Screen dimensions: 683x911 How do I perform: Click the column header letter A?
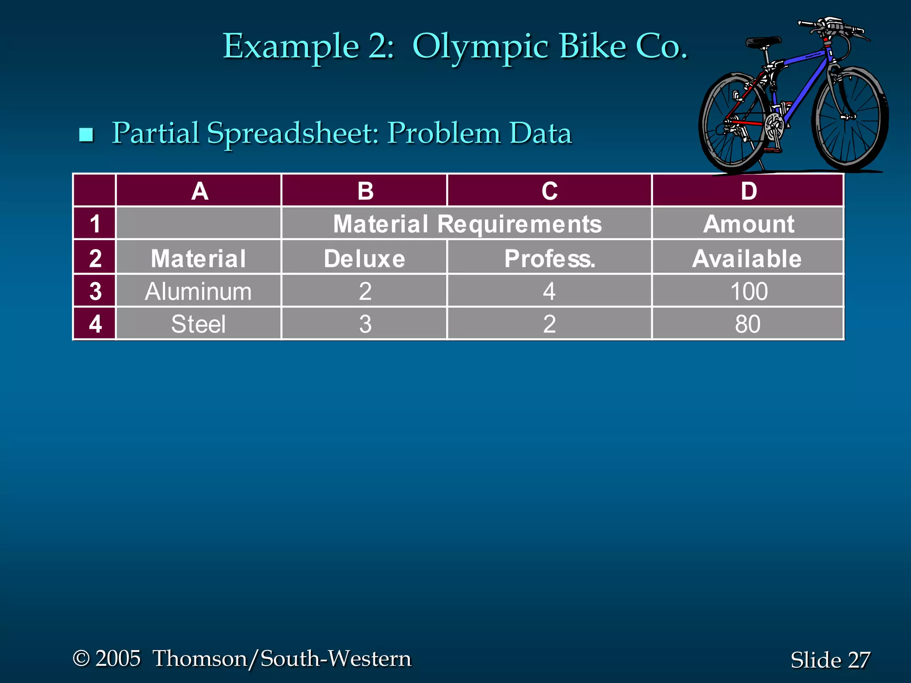(199, 191)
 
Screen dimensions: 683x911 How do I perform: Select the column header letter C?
(549, 191)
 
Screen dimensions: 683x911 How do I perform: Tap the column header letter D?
(749, 191)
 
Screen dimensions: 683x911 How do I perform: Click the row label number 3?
(95, 291)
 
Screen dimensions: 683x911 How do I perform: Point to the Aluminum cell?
(198, 292)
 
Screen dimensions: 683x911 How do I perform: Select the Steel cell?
(198, 324)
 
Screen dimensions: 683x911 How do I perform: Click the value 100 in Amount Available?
(749, 292)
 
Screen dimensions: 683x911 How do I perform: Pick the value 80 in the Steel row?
(748, 324)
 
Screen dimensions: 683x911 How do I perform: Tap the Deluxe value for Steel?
(365, 324)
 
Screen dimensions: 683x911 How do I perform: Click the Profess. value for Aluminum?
(549, 292)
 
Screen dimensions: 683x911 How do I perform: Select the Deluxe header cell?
(364, 258)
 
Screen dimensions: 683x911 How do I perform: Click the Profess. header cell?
(549, 258)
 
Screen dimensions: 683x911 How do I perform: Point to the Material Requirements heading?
(467, 224)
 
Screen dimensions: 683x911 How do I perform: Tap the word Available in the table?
(747, 258)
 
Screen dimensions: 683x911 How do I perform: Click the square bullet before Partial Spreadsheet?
(86, 134)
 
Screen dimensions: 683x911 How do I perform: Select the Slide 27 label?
(830, 659)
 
